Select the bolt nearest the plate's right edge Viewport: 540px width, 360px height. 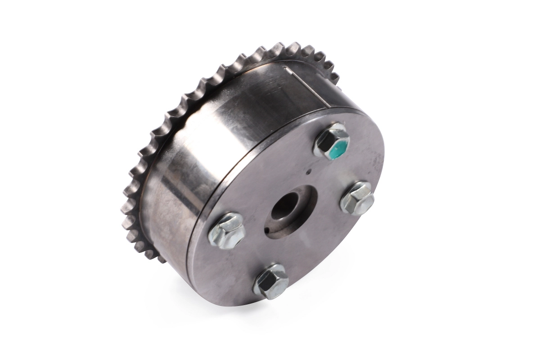357,198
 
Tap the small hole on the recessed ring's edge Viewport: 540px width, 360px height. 267,232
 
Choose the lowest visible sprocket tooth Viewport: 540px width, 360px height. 161,258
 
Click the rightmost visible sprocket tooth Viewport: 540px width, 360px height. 335,77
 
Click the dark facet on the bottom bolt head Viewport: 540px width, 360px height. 265,281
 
